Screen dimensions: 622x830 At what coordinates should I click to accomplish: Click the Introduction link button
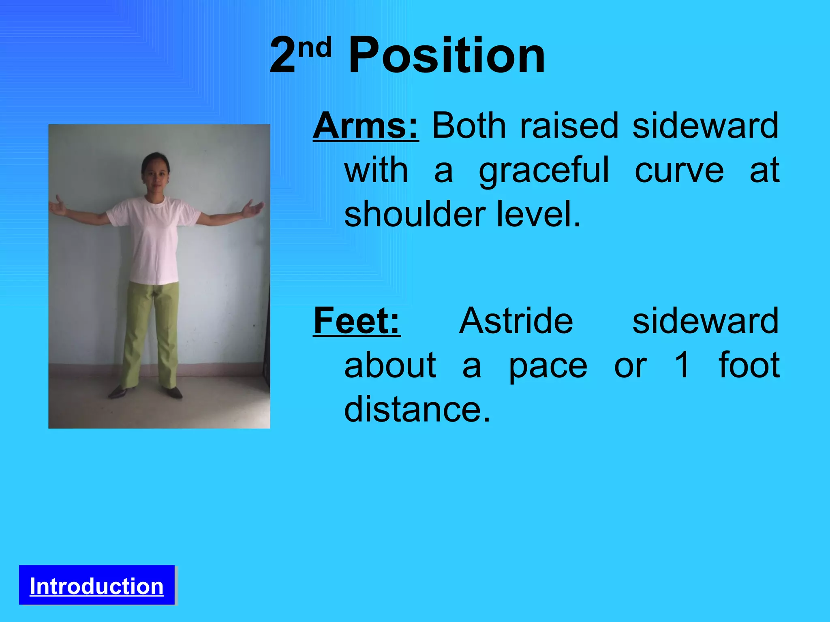(x=96, y=586)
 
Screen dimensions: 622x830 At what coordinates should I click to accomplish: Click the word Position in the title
(x=447, y=55)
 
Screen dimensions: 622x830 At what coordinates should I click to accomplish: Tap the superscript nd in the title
(x=315, y=48)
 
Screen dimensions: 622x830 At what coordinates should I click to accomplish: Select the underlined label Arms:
(x=366, y=126)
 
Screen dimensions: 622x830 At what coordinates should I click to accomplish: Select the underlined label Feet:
(x=357, y=321)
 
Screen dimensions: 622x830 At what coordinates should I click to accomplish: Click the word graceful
(x=544, y=171)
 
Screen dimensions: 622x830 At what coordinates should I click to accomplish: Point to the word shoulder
(x=415, y=215)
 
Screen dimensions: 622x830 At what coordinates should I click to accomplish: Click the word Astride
(x=516, y=321)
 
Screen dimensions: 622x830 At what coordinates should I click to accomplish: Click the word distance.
(x=417, y=410)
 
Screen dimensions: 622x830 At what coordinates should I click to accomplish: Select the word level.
(x=539, y=215)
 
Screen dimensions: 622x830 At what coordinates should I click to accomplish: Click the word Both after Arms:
(x=469, y=126)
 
